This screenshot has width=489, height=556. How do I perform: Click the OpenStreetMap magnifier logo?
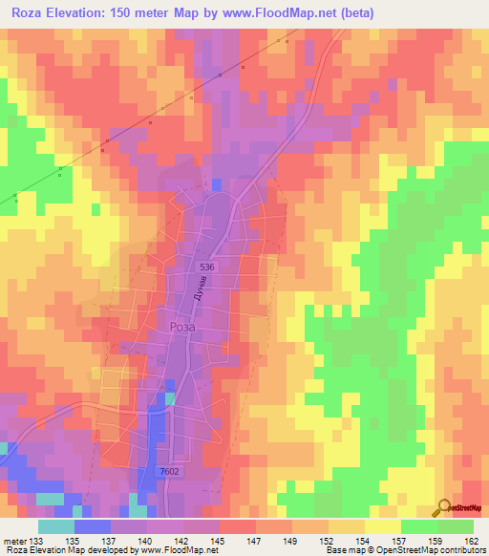(x=442, y=506)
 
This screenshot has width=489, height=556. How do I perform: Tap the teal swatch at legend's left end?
(x=55, y=527)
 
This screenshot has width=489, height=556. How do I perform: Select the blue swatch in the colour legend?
(x=92, y=527)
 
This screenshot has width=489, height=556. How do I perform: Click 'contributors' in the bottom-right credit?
(x=461, y=549)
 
